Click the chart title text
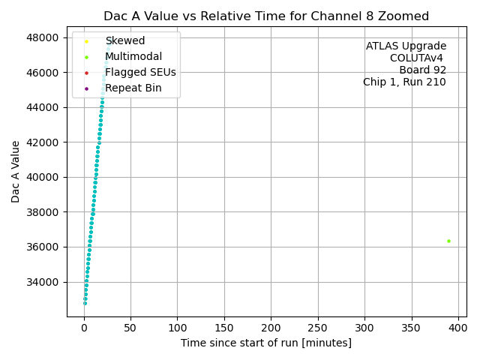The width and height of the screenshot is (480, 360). tap(266, 16)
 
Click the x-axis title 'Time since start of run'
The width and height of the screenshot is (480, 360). tap(266, 343)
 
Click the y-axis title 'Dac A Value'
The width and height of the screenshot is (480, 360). tap(16, 172)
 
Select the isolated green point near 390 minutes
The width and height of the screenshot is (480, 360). tap(448, 241)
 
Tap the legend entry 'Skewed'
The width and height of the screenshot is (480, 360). tap(125, 40)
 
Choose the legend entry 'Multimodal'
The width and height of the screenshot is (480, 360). tap(133, 56)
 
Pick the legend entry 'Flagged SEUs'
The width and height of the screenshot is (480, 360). tap(140, 72)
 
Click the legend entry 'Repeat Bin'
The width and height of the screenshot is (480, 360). tap(133, 88)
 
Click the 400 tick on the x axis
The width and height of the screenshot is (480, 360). tap(458, 328)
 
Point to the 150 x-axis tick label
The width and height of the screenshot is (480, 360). tap(224, 328)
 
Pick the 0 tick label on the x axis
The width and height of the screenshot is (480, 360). tap(84, 328)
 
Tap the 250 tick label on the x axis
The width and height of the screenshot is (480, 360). tap(318, 328)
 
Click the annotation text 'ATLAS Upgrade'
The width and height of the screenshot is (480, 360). tap(406, 46)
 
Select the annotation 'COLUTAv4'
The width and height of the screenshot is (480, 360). tap(418, 58)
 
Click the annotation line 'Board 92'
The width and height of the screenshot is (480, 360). tap(422, 70)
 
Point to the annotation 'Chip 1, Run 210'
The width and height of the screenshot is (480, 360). tap(404, 82)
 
